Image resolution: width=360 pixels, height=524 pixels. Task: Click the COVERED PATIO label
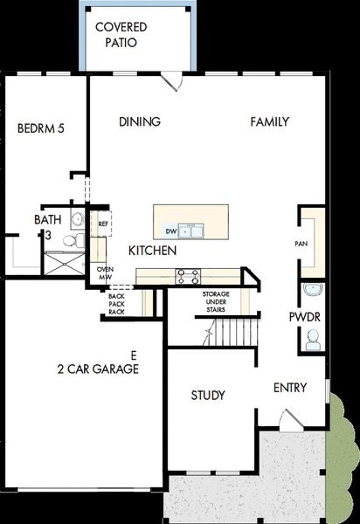tap(121, 34)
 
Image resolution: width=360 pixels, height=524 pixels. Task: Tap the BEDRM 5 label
tap(41, 128)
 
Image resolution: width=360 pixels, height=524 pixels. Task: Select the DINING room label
tap(140, 122)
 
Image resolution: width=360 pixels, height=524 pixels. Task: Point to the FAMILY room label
tap(269, 122)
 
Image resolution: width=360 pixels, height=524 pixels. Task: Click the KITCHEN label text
tap(153, 251)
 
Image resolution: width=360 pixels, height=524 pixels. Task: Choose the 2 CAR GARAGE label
tap(93, 369)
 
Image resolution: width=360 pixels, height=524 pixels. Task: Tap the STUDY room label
tap(208, 396)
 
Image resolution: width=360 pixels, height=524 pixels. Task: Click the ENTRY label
tap(290, 388)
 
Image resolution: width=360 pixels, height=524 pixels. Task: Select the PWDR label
tap(304, 315)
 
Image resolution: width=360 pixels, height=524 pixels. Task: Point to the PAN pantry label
tap(301, 244)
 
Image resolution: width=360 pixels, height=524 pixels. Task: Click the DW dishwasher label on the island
tap(171, 231)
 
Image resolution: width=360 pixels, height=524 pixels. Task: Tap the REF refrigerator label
tap(103, 224)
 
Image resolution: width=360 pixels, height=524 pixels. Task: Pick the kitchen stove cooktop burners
tap(188, 276)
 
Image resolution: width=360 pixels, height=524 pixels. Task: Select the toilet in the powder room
tap(313, 341)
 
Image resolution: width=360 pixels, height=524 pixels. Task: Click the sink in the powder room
tap(313, 290)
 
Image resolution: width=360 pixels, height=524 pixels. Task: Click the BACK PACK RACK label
tap(116, 304)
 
